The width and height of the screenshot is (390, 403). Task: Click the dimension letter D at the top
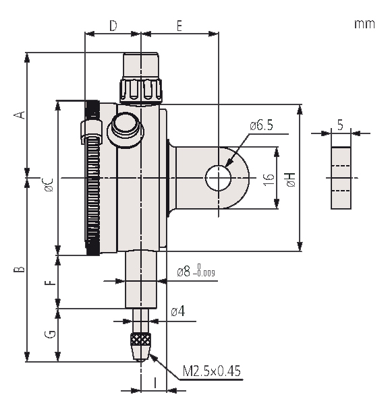113,26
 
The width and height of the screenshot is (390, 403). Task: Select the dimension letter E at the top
179,26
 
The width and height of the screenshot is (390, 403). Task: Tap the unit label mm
364,24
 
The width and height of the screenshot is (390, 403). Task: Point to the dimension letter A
20,115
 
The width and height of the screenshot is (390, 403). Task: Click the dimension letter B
20,269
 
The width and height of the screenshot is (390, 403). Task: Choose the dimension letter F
50,283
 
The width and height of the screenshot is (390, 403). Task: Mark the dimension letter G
50,334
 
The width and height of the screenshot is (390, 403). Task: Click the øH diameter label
291,179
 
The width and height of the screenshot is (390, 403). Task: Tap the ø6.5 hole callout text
261,125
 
